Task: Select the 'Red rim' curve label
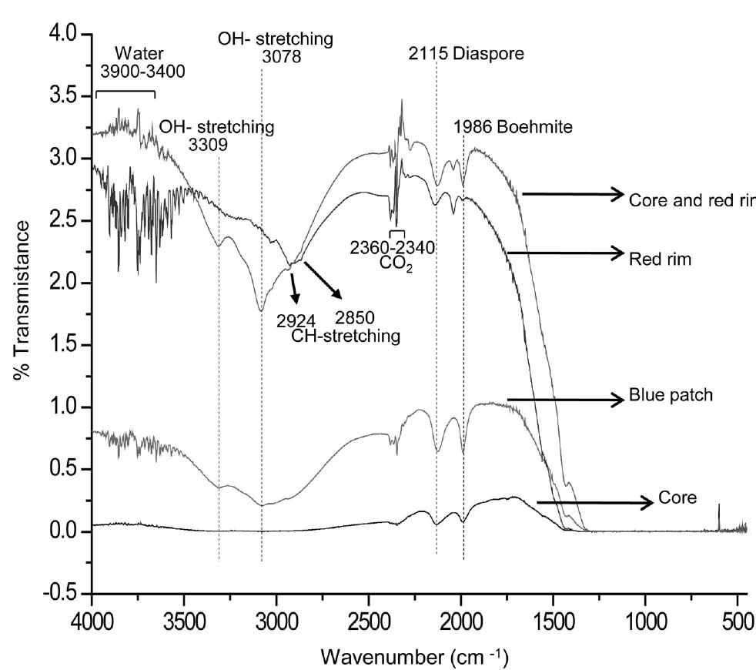[657, 260]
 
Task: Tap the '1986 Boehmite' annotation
[512, 127]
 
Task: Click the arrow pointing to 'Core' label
[593, 502]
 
